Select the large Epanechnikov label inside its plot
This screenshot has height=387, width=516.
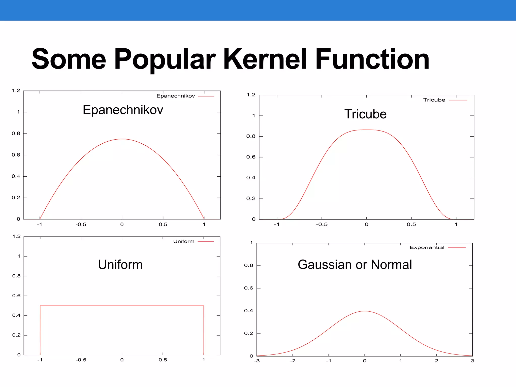pyautogui.click(x=123, y=110)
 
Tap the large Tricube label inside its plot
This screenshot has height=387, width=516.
pyautogui.click(x=365, y=114)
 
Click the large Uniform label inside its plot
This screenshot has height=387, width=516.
pyautogui.click(x=120, y=265)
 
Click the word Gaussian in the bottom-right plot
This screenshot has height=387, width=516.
pyautogui.click(x=325, y=265)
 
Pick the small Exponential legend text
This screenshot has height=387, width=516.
pyautogui.click(x=427, y=247)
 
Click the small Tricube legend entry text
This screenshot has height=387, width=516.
pyautogui.click(x=434, y=100)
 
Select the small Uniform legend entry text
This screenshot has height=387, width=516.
pyautogui.click(x=184, y=241)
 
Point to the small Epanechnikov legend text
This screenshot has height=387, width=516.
pyautogui.click(x=176, y=96)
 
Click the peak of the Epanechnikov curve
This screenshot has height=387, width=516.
pyautogui.click(x=122, y=139)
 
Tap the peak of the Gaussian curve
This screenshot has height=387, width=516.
pyautogui.click(x=365, y=311)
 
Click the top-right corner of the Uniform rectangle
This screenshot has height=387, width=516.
pyautogui.click(x=204, y=306)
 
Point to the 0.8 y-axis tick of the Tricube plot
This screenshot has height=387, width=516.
pyautogui.click(x=251, y=136)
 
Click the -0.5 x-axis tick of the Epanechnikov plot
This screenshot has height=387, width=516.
pyautogui.click(x=81, y=224)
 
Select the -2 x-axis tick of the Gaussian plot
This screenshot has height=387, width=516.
pyautogui.click(x=293, y=361)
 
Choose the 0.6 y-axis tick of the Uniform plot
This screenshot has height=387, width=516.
pyautogui.click(x=16, y=296)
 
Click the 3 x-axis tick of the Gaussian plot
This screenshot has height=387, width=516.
pyautogui.click(x=472, y=361)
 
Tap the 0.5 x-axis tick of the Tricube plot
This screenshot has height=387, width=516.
pyautogui.click(x=411, y=224)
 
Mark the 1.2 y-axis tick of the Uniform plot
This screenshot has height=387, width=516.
pyautogui.click(x=16, y=236)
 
